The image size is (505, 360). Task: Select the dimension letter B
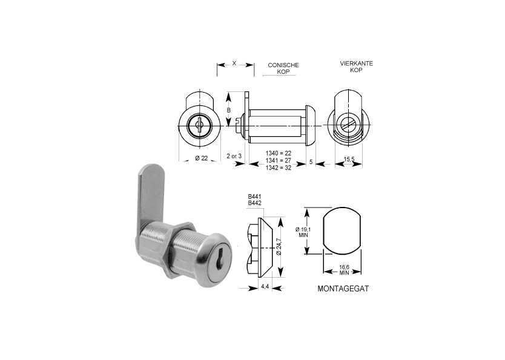point(228,110)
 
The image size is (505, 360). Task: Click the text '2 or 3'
point(233,155)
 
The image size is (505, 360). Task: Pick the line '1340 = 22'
point(279,154)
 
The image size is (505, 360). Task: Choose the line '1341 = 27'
point(279,160)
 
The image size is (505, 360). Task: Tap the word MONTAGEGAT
point(343,289)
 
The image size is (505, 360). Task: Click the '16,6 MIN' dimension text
point(344,270)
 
